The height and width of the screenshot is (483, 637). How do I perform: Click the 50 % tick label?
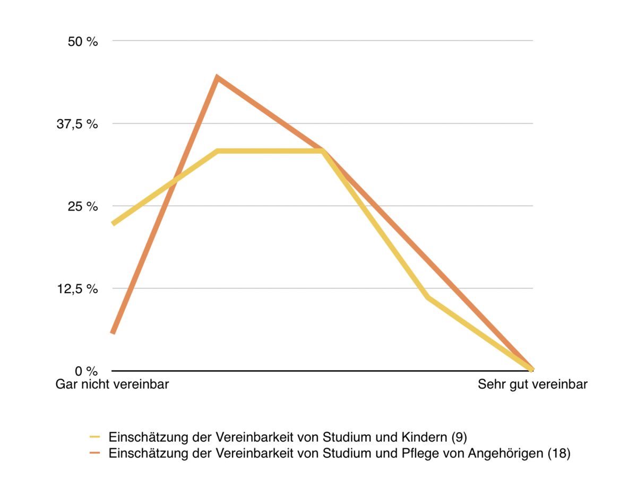point(83,41)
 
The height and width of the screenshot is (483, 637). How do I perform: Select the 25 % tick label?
point(83,206)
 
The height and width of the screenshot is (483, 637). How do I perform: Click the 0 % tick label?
point(85,371)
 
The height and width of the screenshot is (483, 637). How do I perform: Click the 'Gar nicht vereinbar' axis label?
point(112,384)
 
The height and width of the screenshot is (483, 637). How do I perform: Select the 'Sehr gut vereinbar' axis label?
point(532,384)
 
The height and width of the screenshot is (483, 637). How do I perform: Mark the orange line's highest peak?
point(217,78)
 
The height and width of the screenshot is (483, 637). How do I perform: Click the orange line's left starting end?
point(113,332)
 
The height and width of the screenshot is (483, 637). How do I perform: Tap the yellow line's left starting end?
point(113,224)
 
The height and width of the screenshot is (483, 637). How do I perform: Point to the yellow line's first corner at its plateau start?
point(218,151)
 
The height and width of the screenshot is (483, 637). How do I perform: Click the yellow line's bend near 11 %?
point(427,297)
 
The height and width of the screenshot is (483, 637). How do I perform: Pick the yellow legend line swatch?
point(95,437)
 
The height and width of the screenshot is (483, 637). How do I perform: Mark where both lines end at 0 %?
point(532,370)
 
